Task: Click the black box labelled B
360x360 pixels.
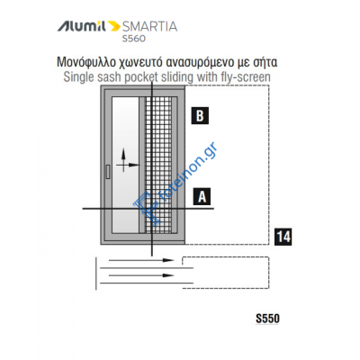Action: point(201,115)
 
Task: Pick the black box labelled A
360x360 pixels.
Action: point(201,195)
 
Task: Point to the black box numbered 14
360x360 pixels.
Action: point(281,238)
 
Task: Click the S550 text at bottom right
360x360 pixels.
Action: point(269,319)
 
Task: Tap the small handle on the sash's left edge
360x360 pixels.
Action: point(106,171)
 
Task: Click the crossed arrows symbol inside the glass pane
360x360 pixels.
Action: point(129,167)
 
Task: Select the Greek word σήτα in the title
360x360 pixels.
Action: point(262,63)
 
